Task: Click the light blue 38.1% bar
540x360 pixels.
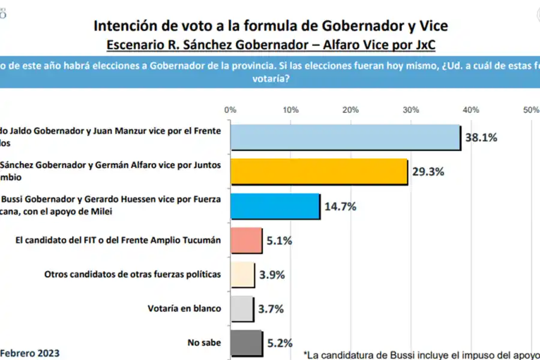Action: coord(345,137)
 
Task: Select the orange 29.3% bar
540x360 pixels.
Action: coord(319,172)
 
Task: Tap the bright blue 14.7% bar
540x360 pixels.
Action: coord(275,206)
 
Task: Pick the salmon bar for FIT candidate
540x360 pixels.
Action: coord(246,241)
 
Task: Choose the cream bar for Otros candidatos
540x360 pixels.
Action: coord(242,275)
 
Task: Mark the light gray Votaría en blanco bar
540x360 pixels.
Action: coord(242,309)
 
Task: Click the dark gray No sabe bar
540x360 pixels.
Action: coord(246,343)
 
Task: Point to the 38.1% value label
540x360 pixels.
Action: coord(482,137)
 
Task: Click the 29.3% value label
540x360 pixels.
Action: coord(428,172)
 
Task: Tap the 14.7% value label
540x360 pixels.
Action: coord(341,206)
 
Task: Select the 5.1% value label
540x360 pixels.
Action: coord(280,241)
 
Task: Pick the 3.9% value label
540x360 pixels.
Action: coord(272,275)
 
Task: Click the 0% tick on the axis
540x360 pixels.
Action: coord(230,110)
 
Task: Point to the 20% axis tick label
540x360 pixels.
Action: coord(350,110)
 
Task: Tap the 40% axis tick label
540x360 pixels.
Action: coord(471,110)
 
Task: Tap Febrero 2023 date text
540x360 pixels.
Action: coord(29,352)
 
